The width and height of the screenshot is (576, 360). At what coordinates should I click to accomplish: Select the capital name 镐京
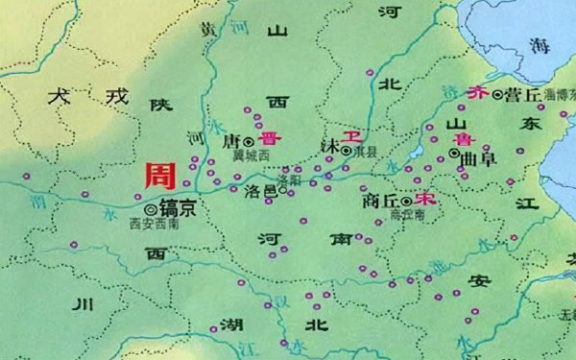tap(178, 206)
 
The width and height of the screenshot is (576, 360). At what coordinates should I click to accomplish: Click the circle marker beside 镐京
tap(150, 207)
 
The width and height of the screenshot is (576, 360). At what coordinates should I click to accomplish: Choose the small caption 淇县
tap(367, 152)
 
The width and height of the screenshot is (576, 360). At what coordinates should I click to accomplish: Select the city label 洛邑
tap(261, 191)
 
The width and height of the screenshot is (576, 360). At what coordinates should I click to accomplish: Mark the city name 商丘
tap(382, 203)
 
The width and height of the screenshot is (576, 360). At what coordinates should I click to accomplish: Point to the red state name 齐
tap(476, 93)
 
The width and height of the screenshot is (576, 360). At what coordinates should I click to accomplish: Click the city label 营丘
tap(521, 95)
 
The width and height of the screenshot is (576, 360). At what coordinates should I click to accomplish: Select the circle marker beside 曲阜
tap(454, 154)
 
